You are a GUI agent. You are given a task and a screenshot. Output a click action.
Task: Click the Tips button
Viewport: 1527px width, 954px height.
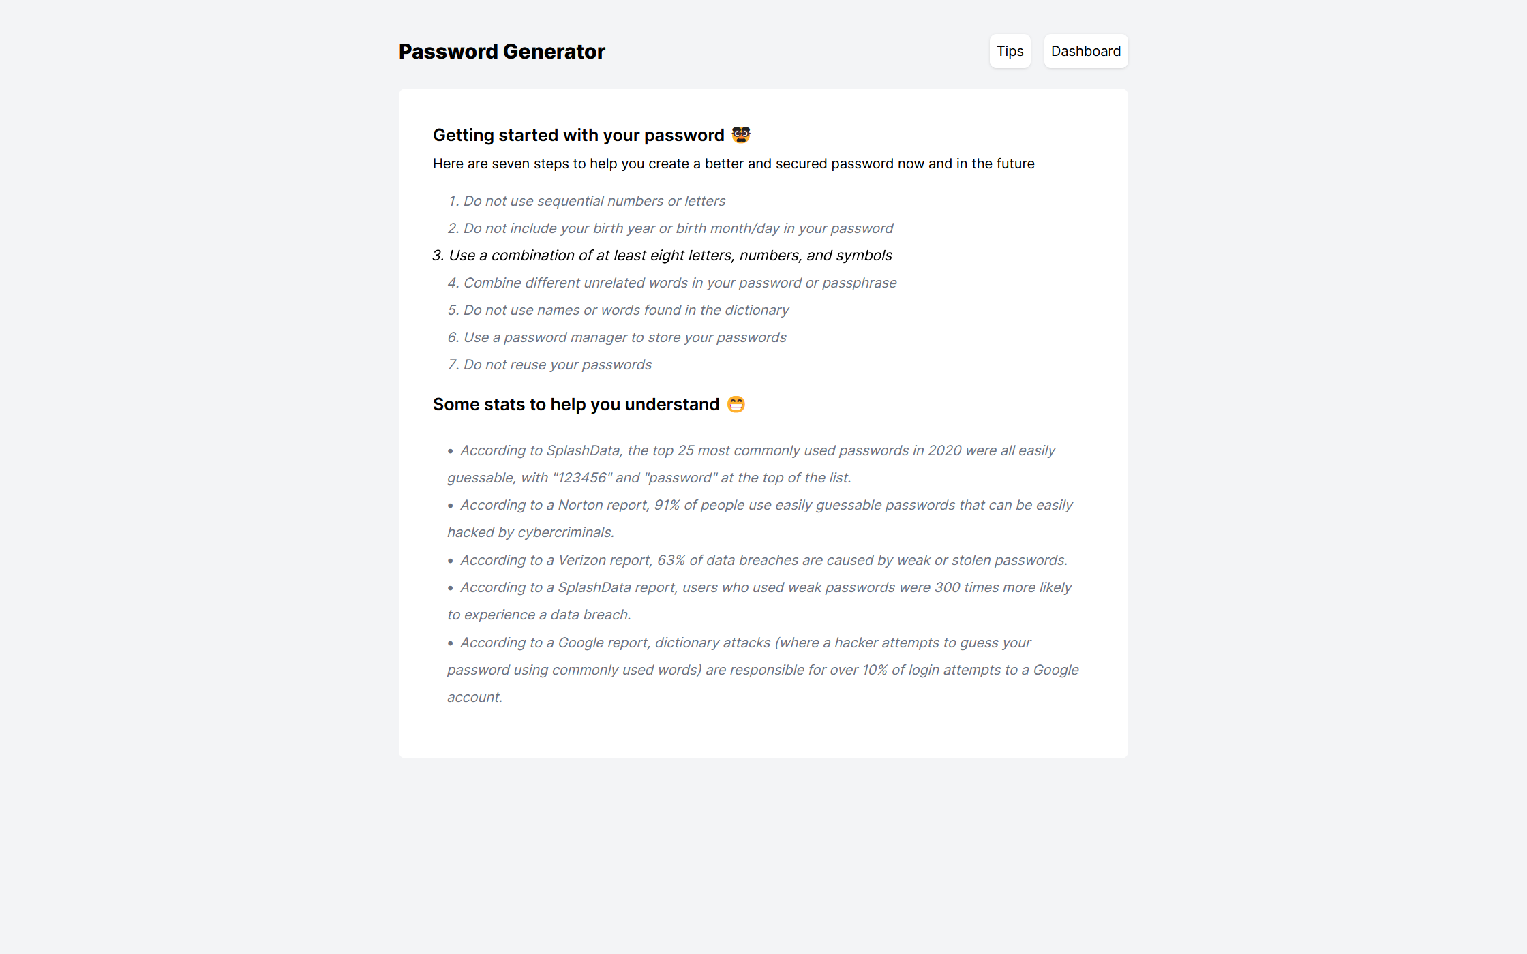coord(1010,51)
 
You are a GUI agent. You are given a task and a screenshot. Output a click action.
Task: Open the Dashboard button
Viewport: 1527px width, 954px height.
coord(1085,51)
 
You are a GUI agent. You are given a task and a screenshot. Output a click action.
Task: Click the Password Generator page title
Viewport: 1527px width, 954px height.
coord(502,51)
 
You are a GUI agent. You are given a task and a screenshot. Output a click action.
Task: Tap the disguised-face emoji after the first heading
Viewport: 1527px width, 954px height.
coord(741,135)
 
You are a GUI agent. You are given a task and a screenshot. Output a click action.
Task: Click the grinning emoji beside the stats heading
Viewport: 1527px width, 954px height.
coord(736,404)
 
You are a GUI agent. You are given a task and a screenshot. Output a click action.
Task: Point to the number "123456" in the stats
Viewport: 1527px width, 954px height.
coord(582,478)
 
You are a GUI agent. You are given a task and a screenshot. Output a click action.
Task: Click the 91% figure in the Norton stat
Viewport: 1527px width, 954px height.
coord(667,505)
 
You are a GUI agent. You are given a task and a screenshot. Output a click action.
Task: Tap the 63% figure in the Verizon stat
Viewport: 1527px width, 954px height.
coord(671,560)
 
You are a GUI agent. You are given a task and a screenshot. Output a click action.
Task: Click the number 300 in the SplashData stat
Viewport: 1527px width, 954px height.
coord(947,587)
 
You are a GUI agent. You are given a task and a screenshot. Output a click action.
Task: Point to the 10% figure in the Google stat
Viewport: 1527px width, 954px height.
coord(874,670)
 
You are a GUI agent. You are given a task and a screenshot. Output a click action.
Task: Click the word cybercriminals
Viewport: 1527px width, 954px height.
coord(565,532)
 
